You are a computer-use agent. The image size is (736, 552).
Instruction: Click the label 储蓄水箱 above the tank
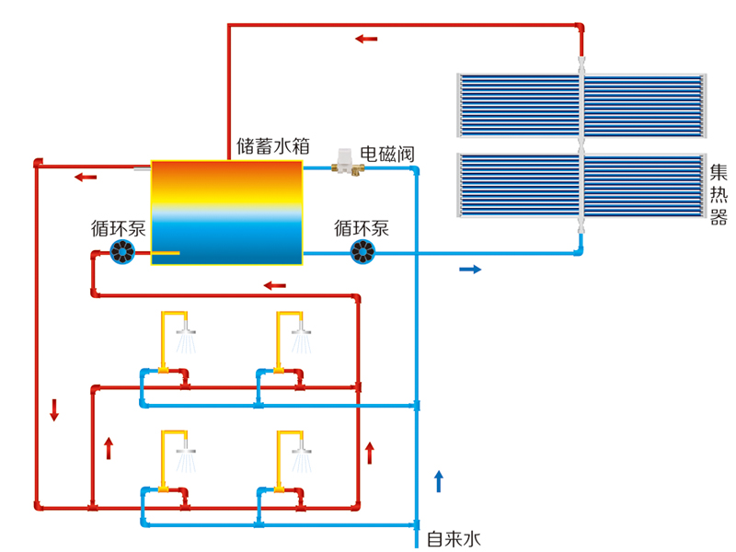(x=272, y=145)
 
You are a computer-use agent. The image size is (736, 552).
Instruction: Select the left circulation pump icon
(x=122, y=251)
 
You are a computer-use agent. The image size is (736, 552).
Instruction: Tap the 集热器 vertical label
(x=719, y=194)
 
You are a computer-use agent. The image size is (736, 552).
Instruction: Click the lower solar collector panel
(x=581, y=186)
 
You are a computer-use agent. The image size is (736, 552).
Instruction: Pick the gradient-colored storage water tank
(x=226, y=213)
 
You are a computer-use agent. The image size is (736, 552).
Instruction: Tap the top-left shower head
(x=187, y=330)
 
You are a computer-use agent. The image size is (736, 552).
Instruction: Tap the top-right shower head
(x=303, y=330)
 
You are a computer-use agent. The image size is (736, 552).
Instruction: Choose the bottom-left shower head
(x=187, y=450)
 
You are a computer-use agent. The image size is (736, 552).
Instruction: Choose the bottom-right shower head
(x=303, y=450)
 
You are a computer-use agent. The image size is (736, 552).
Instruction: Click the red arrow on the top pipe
(x=366, y=39)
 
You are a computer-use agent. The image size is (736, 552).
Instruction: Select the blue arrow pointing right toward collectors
(x=470, y=270)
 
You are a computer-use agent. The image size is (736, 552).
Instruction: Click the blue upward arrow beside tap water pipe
(x=439, y=480)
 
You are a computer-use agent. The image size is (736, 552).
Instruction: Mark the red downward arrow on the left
(x=54, y=409)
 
